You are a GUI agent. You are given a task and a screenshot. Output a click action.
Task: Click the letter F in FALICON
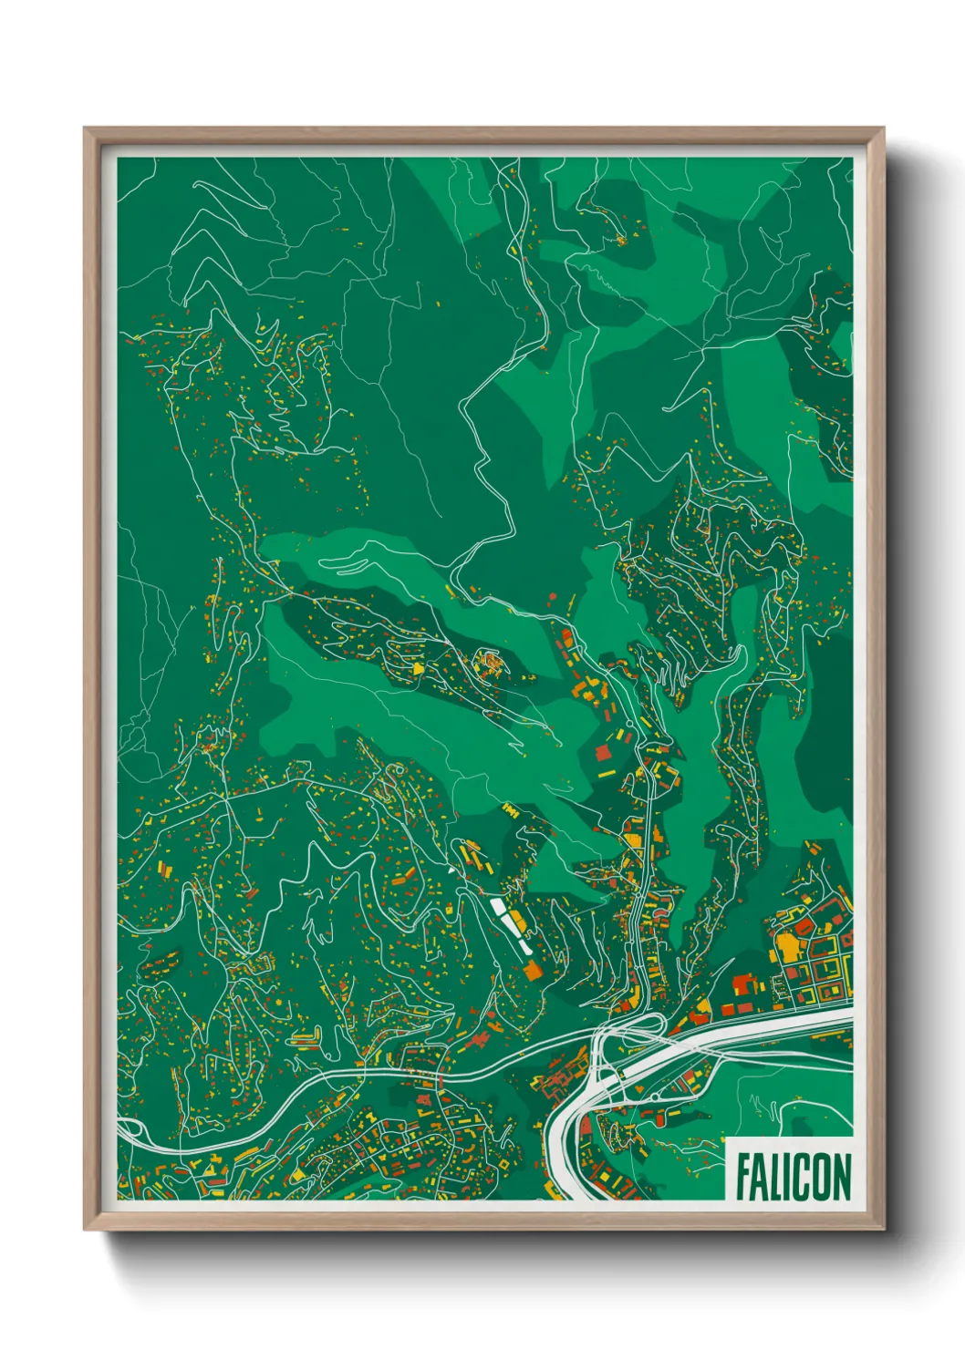743,1178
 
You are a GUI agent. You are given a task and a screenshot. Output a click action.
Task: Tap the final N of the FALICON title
841,1178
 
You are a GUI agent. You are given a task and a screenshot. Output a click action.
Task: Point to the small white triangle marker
451,870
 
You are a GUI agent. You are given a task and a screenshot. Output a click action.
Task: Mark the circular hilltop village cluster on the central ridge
490,663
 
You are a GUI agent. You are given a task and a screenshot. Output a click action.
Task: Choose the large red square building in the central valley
603,753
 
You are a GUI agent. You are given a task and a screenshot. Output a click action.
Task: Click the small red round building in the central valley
553,596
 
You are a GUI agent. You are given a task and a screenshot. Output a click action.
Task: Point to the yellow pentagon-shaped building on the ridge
419,668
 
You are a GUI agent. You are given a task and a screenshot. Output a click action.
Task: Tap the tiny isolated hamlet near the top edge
620,241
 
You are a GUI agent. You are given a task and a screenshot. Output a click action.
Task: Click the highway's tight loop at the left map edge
130,1130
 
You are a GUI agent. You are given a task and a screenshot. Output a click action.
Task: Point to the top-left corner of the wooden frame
85,129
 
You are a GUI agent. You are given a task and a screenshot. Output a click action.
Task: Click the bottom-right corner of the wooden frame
883,1230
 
